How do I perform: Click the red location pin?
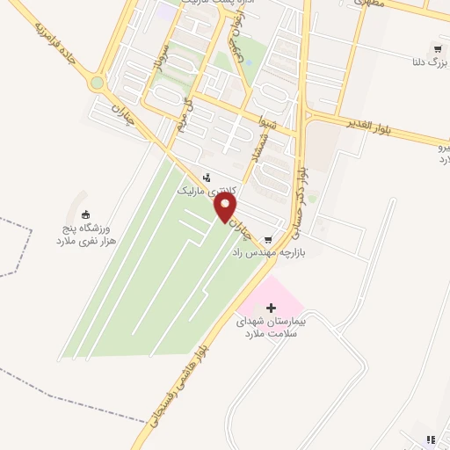(227, 207)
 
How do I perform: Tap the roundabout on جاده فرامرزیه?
(98, 83)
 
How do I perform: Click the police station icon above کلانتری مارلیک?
(207, 177)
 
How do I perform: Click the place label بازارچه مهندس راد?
(267, 252)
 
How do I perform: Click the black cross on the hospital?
(271, 308)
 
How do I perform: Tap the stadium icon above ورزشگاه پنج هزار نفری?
(85, 214)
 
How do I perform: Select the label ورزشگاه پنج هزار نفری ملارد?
(86, 233)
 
